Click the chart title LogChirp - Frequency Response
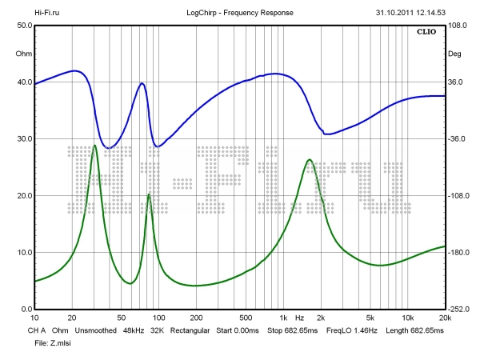coord(240,13)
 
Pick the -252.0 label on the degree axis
coord(458,310)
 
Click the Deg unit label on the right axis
coord(454,54)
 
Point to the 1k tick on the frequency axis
coord(282,318)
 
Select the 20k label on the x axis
coord(444,318)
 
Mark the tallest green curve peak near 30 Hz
coord(95,146)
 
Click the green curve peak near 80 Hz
coord(149,194)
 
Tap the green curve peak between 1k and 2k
coord(309,160)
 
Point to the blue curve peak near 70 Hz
coord(142,82)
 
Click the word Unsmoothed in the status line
coord(95,330)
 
